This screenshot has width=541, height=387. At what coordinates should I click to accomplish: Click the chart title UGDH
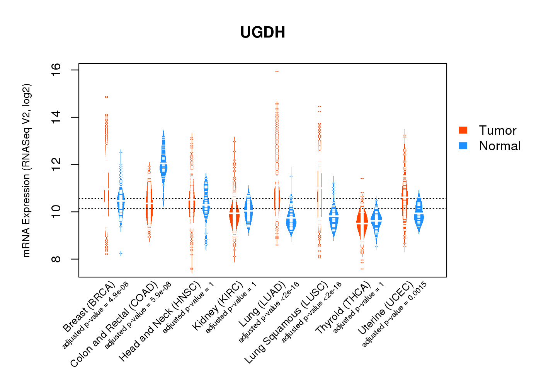coord(263,33)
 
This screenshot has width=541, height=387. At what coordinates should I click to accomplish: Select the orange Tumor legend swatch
coord(463,130)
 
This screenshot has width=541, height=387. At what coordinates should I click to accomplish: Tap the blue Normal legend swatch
coord(463,146)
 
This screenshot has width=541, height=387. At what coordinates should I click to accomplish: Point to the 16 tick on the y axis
coord(56,70)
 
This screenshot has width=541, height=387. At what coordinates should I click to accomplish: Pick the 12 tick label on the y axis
coord(56,164)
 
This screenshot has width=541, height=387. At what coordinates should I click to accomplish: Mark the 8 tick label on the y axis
coord(56,259)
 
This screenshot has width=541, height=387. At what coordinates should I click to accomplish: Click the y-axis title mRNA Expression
coord(26,170)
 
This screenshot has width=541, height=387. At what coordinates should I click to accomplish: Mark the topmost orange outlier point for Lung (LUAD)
coord(277,72)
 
